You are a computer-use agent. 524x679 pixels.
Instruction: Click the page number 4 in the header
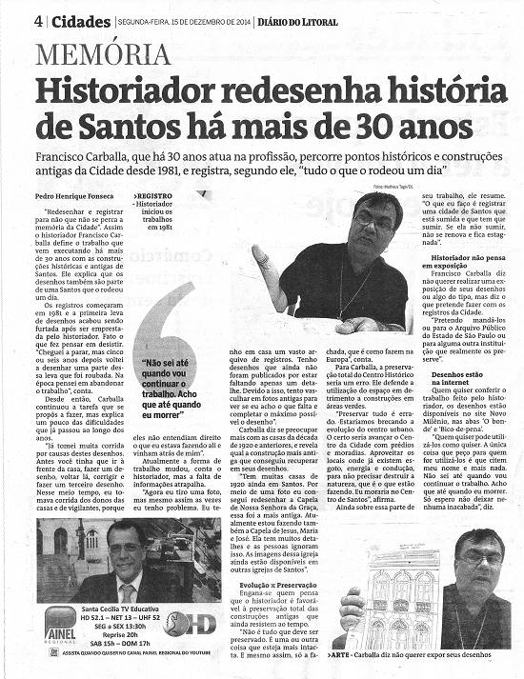pyautogui.click(x=38, y=22)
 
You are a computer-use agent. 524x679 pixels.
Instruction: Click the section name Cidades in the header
pyautogui.click(x=79, y=22)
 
